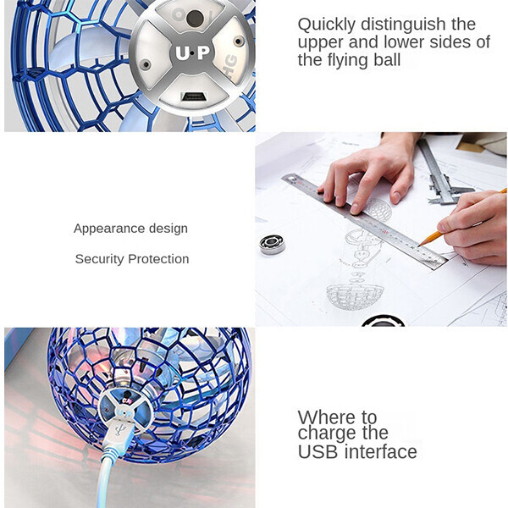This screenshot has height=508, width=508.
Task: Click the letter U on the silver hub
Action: (182, 53)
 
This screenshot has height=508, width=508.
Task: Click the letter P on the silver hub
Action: (204, 52)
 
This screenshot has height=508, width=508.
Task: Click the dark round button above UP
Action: (195, 19)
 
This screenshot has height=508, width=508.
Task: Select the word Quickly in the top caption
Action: (327, 25)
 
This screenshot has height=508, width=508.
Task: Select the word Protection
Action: (158, 259)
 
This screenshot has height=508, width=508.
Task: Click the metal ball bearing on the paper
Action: (272, 244)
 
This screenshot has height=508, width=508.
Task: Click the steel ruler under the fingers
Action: (364, 221)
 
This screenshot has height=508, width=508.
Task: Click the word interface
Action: (381, 452)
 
